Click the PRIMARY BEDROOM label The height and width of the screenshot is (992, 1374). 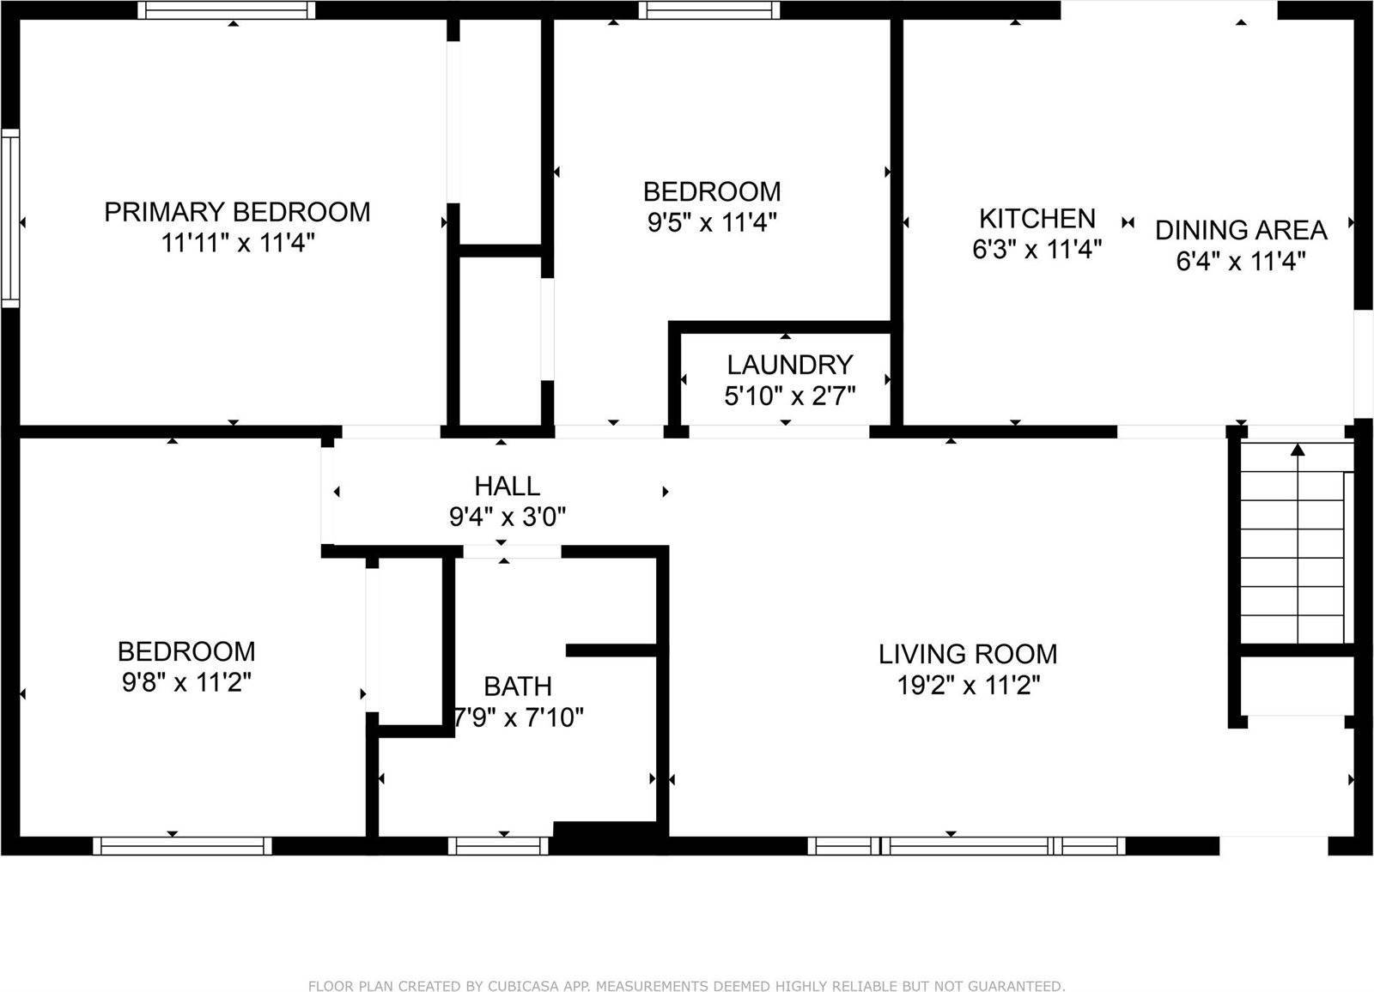pyautogui.click(x=237, y=212)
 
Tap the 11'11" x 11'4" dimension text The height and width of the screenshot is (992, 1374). pyautogui.click(x=238, y=244)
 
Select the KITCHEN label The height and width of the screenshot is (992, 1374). pyautogui.click(x=1037, y=218)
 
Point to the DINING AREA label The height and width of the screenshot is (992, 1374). pyautogui.click(x=1241, y=230)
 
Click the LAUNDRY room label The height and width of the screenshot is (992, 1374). pyautogui.click(x=789, y=365)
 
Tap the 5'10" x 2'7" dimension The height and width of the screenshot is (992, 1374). pyautogui.click(x=789, y=396)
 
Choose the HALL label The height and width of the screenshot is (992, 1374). pyautogui.click(x=508, y=486)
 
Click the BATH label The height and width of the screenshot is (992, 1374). pyautogui.click(x=518, y=687)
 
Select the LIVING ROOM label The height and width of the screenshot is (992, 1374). pyautogui.click(x=968, y=654)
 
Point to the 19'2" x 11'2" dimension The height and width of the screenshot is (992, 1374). pyautogui.click(x=968, y=686)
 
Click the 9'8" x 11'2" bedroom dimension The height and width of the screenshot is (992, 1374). pyautogui.click(x=186, y=682)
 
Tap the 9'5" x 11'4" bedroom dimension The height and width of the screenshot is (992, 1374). pyautogui.click(x=712, y=222)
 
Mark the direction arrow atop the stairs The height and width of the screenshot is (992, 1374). pyautogui.click(x=1298, y=449)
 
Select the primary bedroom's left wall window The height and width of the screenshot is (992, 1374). pyautogui.click(x=9, y=218)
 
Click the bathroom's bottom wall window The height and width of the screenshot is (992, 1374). pyautogui.click(x=498, y=846)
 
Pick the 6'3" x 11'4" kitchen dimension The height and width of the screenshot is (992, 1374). pyautogui.click(x=1037, y=250)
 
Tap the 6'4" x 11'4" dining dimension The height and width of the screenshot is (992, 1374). pyautogui.click(x=1241, y=261)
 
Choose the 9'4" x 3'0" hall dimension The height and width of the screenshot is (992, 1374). pyautogui.click(x=508, y=517)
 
